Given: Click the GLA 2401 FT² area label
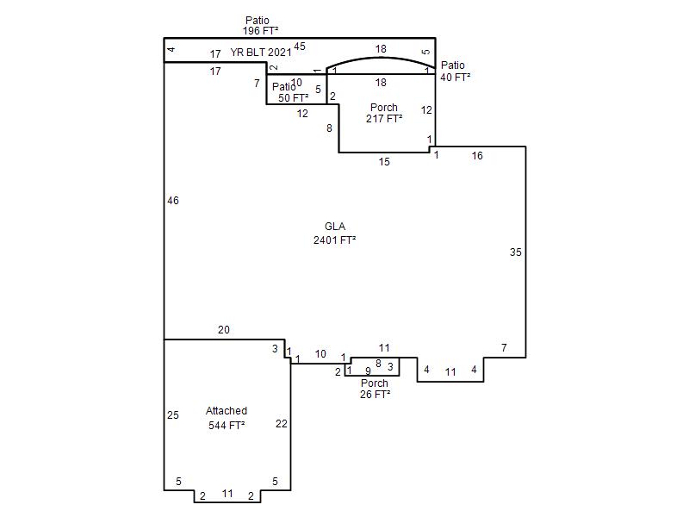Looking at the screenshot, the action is click(x=334, y=233).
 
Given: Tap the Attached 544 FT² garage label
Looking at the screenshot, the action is click(x=227, y=418).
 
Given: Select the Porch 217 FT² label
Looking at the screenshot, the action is click(x=384, y=113).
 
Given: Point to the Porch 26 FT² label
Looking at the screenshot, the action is click(x=375, y=389).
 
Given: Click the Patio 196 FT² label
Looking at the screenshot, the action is click(x=260, y=26).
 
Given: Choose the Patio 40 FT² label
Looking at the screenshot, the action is click(x=456, y=72).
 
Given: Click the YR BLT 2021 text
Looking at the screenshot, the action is click(x=261, y=53).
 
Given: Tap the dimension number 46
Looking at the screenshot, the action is click(x=173, y=201).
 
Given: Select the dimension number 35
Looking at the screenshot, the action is click(x=515, y=252).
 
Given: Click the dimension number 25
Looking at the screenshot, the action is click(x=173, y=414).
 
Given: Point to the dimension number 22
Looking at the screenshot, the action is click(x=282, y=423).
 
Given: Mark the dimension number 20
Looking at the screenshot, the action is click(x=224, y=329).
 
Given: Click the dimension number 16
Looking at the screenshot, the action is click(x=477, y=155).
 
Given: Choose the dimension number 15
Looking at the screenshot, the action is click(x=384, y=161).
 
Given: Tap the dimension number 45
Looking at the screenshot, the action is click(x=299, y=47).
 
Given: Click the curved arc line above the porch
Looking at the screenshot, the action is click(x=381, y=58).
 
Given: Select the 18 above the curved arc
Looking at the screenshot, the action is click(x=381, y=48).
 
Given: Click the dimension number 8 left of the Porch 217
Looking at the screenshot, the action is click(x=329, y=128).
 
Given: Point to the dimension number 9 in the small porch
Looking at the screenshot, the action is click(x=368, y=371).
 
